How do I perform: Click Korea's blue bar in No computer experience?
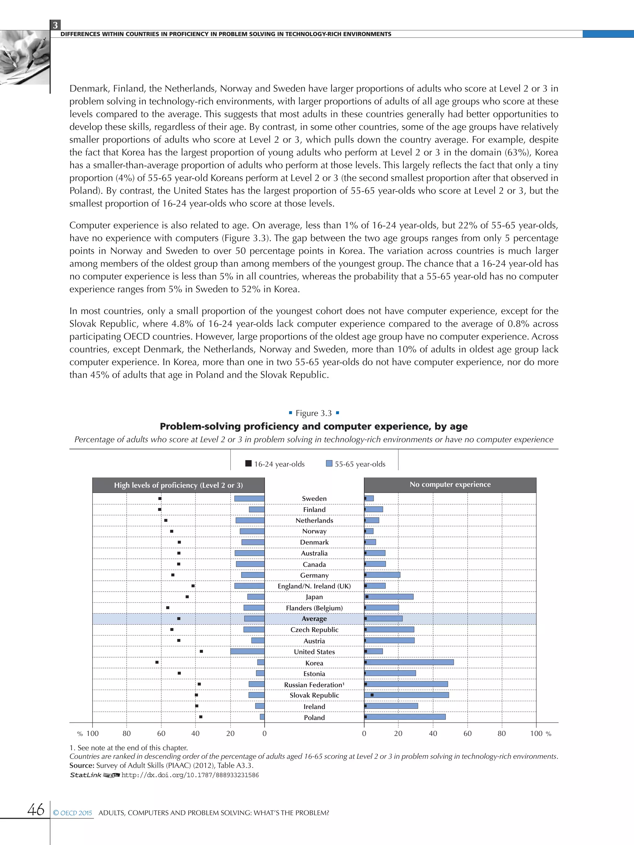click(409, 662)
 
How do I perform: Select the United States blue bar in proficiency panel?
click(247, 651)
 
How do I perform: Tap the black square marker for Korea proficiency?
click(157, 662)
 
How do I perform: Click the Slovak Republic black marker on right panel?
click(372, 695)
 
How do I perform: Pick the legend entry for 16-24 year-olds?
click(275, 464)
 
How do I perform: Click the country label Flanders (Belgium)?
click(314, 608)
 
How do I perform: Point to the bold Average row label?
click(314, 619)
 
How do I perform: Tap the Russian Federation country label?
click(314, 684)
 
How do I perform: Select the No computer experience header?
click(450, 485)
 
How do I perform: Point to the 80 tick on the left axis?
click(127, 733)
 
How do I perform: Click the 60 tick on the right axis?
click(467, 733)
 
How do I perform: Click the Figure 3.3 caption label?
click(314, 413)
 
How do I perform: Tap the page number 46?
click(36, 809)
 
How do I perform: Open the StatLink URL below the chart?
click(190, 775)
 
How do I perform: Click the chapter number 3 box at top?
click(55, 25)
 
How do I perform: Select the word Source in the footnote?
click(81, 765)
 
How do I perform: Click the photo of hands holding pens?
click(24, 57)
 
